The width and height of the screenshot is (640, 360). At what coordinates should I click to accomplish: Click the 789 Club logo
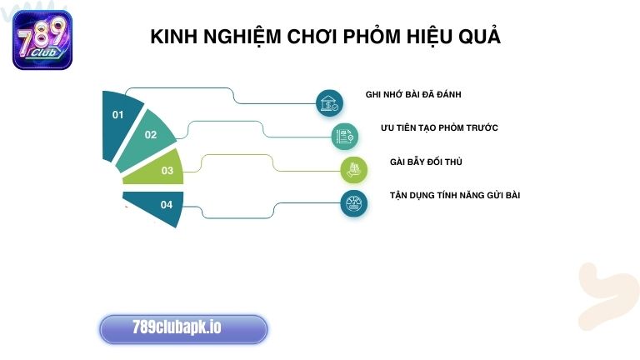(x=42, y=39)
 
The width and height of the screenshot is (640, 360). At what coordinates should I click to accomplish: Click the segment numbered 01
(x=121, y=121)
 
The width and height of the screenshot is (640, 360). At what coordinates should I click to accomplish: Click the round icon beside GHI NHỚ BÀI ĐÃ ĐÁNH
(x=330, y=103)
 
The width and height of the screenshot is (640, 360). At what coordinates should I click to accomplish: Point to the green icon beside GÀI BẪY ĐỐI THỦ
(x=354, y=169)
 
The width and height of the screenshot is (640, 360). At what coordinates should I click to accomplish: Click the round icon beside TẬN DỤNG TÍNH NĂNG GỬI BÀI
(x=353, y=203)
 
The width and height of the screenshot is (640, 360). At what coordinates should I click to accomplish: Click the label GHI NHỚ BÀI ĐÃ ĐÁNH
(x=412, y=94)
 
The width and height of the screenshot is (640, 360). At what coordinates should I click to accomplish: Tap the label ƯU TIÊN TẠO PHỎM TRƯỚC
(x=439, y=127)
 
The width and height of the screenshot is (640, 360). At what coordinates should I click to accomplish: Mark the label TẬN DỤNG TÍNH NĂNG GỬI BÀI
(x=455, y=195)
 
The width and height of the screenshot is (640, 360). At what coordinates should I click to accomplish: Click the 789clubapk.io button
(x=183, y=328)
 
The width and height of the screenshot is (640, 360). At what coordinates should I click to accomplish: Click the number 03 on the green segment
(x=167, y=171)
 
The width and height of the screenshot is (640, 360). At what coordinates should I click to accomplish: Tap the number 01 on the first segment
(x=117, y=115)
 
